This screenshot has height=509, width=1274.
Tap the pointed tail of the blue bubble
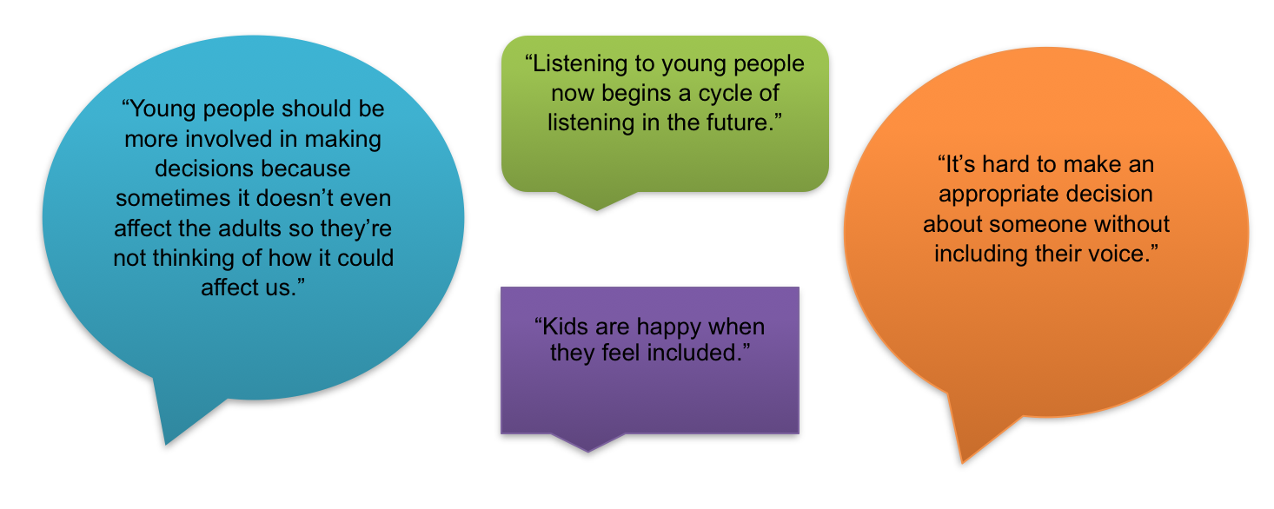pos(166,444)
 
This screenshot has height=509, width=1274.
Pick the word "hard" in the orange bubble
pos(1006,164)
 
